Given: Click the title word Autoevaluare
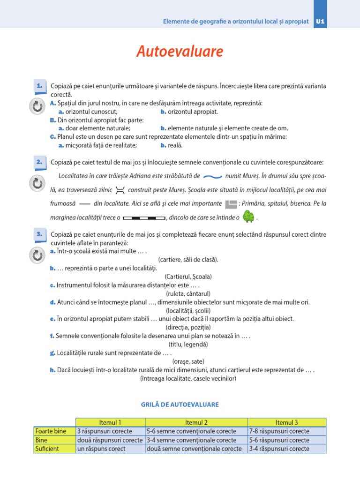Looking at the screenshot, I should (x=180, y=52).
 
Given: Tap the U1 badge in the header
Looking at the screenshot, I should (x=321, y=22).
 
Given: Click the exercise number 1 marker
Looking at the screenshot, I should (x=39, y=86).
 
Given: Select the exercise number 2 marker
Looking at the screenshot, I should (x=39, y=162).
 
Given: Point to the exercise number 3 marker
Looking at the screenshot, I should (x=39, y=234).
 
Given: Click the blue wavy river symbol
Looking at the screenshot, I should (x=213, y=177).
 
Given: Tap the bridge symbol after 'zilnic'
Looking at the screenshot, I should (x=120, y=190).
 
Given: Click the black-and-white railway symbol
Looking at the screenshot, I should (x=147, y=218).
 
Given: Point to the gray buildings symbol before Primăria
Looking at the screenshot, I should (x=231, y=204).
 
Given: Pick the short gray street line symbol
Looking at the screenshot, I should (x=84, y=204).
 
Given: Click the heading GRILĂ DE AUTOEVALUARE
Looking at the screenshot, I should (x=180, y=405).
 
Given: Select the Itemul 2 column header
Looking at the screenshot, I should (x=196, y=422).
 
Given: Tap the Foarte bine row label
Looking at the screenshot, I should (x=51, y=431).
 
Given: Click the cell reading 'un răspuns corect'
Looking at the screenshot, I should (x=102, y=449).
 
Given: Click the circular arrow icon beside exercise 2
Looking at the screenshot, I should (x=37, y=182).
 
